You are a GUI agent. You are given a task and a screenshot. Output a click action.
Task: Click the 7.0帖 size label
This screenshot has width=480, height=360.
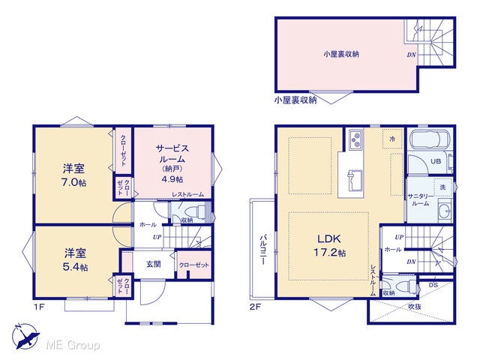pyautogui.click(x=73, y=182)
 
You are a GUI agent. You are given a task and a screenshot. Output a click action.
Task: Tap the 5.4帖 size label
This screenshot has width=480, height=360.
pyautogui.click(x=75, y=267)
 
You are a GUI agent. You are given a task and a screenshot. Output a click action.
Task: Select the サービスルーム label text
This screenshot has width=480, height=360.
pyautogui.click(x=172, y=154)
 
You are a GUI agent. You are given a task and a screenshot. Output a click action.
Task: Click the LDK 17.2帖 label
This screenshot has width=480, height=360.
pyautogui.click(x=330, y=245)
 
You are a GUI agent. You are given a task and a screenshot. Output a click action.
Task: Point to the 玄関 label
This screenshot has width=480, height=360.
pyautogui.click(x=153, y=264)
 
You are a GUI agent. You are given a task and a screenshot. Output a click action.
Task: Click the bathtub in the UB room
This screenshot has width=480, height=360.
pyautogui.click(x=428, y=139)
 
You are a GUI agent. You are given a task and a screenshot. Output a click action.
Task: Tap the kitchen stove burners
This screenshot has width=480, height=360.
pyautogui.click(x=355, y=139)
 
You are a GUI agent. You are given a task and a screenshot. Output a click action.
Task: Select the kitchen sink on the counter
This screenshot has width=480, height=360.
pyautogui.click(x=355, y=180)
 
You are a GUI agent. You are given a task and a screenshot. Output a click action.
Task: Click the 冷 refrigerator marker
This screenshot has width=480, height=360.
pyautogui.click(x=392, y=139)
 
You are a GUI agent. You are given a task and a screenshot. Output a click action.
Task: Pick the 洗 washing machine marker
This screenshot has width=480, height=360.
pyautogui.click(x=442, y=187)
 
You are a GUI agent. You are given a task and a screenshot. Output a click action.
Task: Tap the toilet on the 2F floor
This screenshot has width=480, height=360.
pyautogui.click(x=406, y=286)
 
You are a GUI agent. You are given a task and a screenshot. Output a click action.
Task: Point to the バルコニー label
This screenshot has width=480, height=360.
pyautogui.click(x=262, y=250)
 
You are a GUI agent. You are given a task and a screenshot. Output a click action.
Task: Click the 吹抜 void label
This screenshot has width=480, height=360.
pyautogui.click(x=415, y=307)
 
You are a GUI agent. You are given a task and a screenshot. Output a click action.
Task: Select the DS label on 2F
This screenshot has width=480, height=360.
pyautogui.click(x=433, y=285)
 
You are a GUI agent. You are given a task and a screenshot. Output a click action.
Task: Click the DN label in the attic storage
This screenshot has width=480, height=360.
pyautogui.click(x=412, y=55)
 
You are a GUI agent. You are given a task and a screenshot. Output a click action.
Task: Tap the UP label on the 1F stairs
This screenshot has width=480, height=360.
pyautogui.click(x=157, y=237)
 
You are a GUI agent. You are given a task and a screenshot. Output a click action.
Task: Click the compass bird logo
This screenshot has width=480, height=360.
pyautogui.click(x=25, y=336)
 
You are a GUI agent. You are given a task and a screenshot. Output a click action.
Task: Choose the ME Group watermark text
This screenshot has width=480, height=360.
pyautogui.click(x=73, y=345)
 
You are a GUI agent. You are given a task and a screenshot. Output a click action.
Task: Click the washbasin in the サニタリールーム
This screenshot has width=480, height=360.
pyautogui.click(x=444, y=210)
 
